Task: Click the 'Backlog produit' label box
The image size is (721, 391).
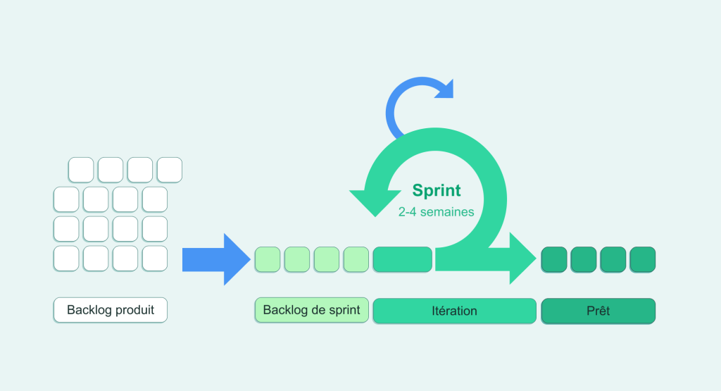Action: pyautogui.click(x=111, y=310)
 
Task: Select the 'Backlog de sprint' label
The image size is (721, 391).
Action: pyautogui.click(x=311, y=309)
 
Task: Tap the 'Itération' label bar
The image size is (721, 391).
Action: pyautogui.click(x=454, y=311)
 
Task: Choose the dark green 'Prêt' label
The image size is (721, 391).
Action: pyautogui.click(x=598, y=311)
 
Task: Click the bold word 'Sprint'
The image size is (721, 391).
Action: pyautogui.click(x=437, y=190)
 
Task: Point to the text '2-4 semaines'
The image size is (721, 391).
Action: pyautogui.click(x=436, y=211)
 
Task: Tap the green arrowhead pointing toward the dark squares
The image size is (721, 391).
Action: pyautogui.click(x=521, y=259)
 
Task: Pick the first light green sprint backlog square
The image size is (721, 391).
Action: pyautogui.click(x=268, y=259)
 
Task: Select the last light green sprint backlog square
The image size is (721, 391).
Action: pyautogui.click(x=356, y=259)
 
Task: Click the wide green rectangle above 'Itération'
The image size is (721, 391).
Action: pyautogui.click(x=402, y=259)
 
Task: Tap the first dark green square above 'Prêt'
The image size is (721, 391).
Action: pyautogui.click(x=554, y=259)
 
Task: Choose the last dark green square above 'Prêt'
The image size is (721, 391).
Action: pyautogui.click(x=642, y=259)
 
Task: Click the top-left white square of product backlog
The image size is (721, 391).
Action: pyautogui.click(x=81, y=170)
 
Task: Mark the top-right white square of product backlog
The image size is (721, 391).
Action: pyautogui.click(x=170, y=170)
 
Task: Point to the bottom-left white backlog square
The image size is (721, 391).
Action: pyautogui.click(x=66, y=259)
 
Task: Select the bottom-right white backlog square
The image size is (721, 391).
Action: pyautogui.click(x=155, y=259)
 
